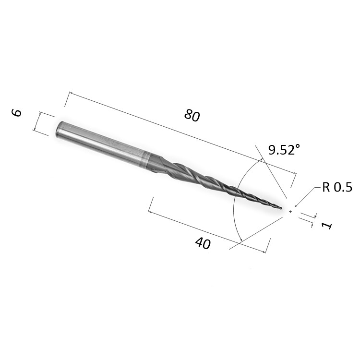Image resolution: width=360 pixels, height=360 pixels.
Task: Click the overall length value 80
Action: [x=192, y=115]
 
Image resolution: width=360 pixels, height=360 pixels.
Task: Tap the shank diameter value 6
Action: [x=16, y=113]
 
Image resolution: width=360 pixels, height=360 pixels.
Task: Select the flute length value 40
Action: [x=203, y=243]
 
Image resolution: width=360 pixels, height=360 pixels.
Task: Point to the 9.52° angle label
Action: [x=284, y=150]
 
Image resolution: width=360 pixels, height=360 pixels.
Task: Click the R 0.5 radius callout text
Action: [x=337, y=187]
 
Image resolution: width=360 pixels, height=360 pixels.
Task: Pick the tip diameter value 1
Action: [x=327, y=226]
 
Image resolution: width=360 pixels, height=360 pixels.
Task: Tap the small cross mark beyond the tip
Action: [x=290, y=212]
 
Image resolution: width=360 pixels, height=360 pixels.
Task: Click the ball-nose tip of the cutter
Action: [x=281, y=208]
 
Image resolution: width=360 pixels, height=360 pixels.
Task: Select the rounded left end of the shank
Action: [x=59, y=129]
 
